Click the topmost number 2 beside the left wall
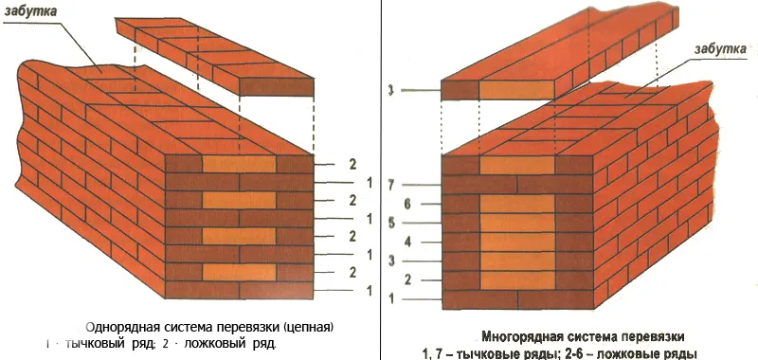pos(352,163)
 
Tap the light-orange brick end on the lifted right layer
pos(515,89)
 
